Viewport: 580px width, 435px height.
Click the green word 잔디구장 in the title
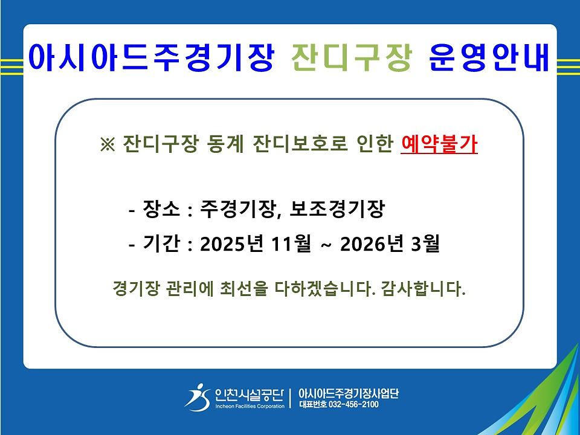(x=352, y=57)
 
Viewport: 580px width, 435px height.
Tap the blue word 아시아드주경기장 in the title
(x=151, y=57)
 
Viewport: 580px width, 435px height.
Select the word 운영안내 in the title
(x=489, y=57)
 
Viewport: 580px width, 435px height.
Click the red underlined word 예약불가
(x=439, y=144)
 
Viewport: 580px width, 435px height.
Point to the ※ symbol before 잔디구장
(x=108, y=144)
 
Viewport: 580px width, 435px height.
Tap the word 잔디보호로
(x=300, y=144)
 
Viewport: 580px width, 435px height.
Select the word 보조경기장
(x=337, y=209)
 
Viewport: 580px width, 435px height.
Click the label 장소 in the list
(x=161, y=209)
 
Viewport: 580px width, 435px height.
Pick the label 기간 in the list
(x=161, y=243)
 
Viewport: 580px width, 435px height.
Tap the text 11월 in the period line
(x=291, y=243)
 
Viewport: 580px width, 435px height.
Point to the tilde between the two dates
(x=326, y=244)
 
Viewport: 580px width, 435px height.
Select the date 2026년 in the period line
(x=372, y=243)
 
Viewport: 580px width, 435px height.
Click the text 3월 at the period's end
(x=425, y=243)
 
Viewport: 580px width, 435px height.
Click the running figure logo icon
(x=198, y=397)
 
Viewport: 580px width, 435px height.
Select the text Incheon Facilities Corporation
(x=250, y=406)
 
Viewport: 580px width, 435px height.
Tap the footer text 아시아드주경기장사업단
(x=349, y=393)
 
